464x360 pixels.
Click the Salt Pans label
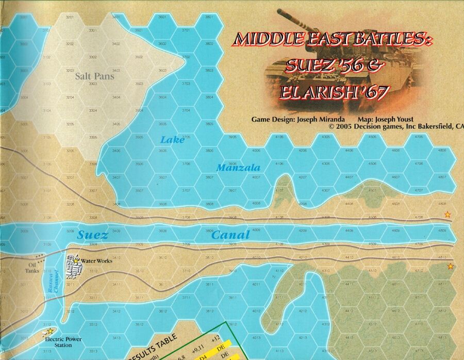point(94,76)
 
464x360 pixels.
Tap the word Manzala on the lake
point(238,168)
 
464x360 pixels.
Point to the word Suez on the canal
point(93,236)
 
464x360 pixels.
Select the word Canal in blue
point(230,235)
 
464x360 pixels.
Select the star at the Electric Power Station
point(50,331)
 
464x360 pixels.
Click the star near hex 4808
point(448,215)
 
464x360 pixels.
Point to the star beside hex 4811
point(451,266)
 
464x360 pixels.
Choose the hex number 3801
point(209,18)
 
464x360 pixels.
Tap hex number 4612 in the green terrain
point(395,311)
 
